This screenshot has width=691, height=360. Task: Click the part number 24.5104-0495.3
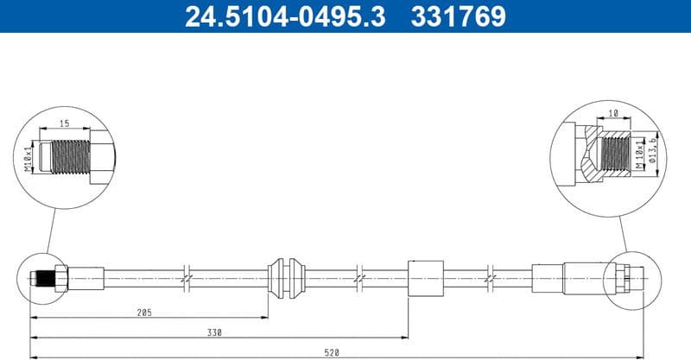click(x=276, y=16)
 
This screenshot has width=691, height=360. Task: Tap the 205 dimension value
click(x=143, y=313)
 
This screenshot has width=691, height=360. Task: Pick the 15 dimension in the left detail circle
click(x=64, y=123)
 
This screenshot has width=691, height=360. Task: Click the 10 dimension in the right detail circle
click(x=614, y=113)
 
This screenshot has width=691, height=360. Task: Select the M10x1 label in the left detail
click(x=29, y=158)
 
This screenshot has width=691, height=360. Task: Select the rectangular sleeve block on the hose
click(x=424, y=277)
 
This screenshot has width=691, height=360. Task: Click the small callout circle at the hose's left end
click(x=41, y=277)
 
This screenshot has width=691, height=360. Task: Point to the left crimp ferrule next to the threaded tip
click(x=86, y=277)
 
